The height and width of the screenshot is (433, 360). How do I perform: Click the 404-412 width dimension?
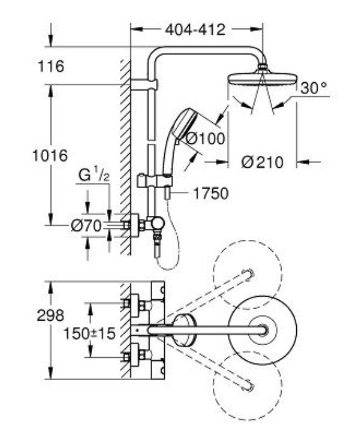[195, 29]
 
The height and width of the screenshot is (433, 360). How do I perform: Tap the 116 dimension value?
[51, 66]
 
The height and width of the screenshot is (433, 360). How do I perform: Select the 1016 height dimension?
[50, 155]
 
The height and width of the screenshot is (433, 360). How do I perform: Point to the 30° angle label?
[314, 88]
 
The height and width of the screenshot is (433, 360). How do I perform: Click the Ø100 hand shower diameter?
[205, 138]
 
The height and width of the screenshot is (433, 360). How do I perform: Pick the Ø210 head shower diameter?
[263, 162]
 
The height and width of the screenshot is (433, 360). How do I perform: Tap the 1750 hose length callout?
[210, 193]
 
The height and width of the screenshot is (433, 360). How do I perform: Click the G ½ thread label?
[93, 175]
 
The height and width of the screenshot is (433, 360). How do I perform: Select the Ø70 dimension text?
[86, 226]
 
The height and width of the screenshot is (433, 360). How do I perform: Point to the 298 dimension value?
[51, 316]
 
